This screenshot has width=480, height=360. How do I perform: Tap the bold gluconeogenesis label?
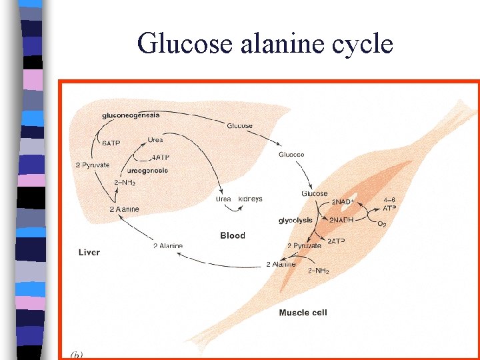coord(131,115)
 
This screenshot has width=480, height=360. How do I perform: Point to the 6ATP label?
coord(111,143)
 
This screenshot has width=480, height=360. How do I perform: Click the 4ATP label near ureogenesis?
coord(159,158)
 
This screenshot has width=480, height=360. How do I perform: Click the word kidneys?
coord(249,199)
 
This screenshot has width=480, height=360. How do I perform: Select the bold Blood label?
coord(233,235)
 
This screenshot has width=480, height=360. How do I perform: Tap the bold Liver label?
coord(89,252)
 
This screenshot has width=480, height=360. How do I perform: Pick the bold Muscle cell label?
coord(303,312)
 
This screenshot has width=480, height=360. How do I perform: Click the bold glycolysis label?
coord(295,220)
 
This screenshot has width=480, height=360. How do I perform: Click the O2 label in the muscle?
coord(382,224)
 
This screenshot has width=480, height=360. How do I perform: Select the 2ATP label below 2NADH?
coord(335,241)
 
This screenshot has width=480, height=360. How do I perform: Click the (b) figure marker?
coord(76,354)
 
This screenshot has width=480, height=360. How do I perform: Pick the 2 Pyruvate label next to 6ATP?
coord(91,165)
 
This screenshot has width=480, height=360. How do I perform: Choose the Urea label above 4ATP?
coord(155,139)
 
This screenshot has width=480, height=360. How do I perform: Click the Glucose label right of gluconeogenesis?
coord(239,125)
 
